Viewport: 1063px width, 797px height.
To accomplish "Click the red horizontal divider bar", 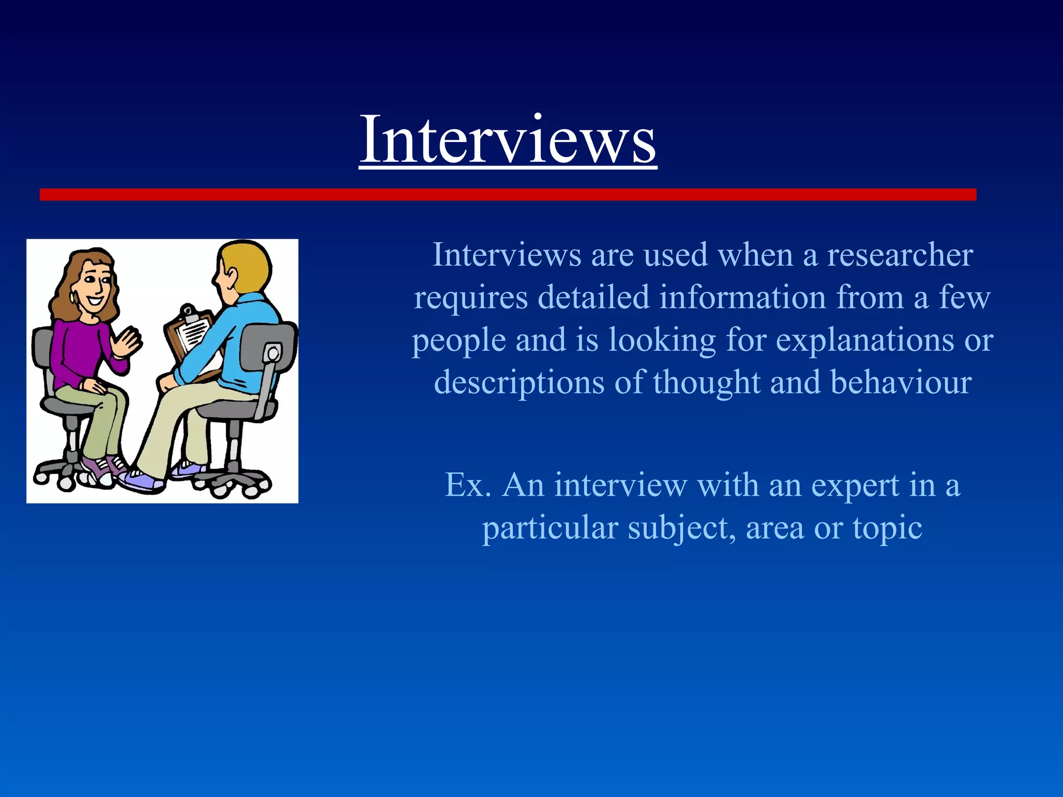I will tap(508, 195).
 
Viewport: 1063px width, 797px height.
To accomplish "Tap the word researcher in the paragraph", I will tap(900, 255).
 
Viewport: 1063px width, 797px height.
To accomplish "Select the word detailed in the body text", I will tap(593, 298).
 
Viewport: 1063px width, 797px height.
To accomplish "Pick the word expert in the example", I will tap(854, 486).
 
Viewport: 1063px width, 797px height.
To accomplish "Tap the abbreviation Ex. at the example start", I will tap(468, 486).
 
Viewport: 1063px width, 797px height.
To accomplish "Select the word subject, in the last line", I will tap(682, 528).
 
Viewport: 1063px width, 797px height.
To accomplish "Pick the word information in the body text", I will tap(742, 298).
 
